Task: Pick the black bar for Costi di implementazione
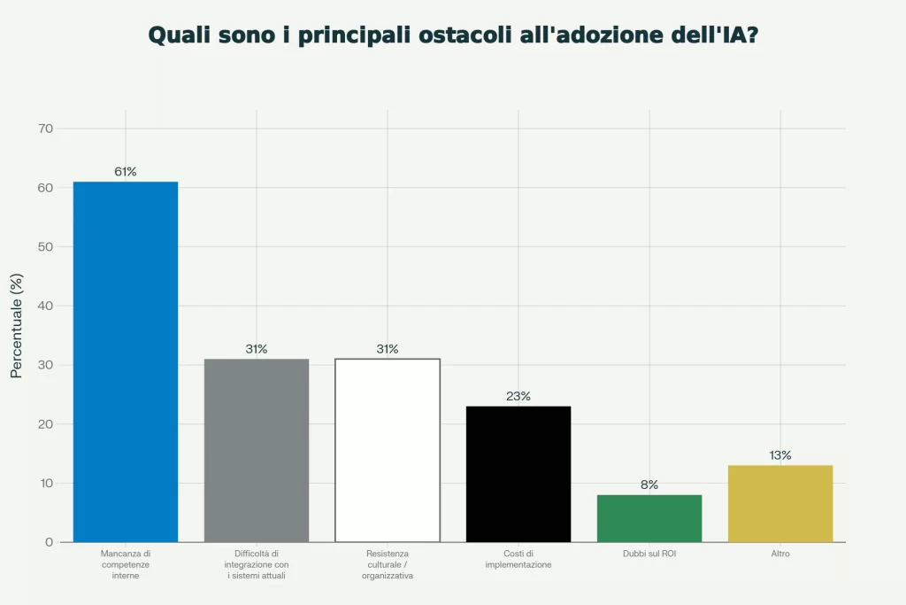pyautogui.click(x=518, y=474)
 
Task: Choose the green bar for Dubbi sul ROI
pyautogui.click(x=649, y=518)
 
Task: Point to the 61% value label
pyautogui.click(x=126, y=172)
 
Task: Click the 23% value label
pyautogui.click(x=518, y=396)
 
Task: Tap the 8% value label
pyautogui.click(x=649, y=485)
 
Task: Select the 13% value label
pyautogui.click(x=780, y=455)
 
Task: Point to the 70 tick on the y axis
pyautogui.click(x=45, y=128)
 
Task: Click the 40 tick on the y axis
pyautogui.click(x=45, y=306)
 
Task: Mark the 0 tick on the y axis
pyautogui.click(x=49, y=542)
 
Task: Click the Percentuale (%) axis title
pyautogui.click(x=16, y=326)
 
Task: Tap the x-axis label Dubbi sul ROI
pyautogui.click(x=649, y=554)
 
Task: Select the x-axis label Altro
pyautogui.click(x=780, y=554)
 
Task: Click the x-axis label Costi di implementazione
pyautogui.click(x=518, y=559)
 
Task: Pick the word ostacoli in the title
pyautogui.click(x=477, y=35)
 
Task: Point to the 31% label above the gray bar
pyautogui.click(x=257, y=349)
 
